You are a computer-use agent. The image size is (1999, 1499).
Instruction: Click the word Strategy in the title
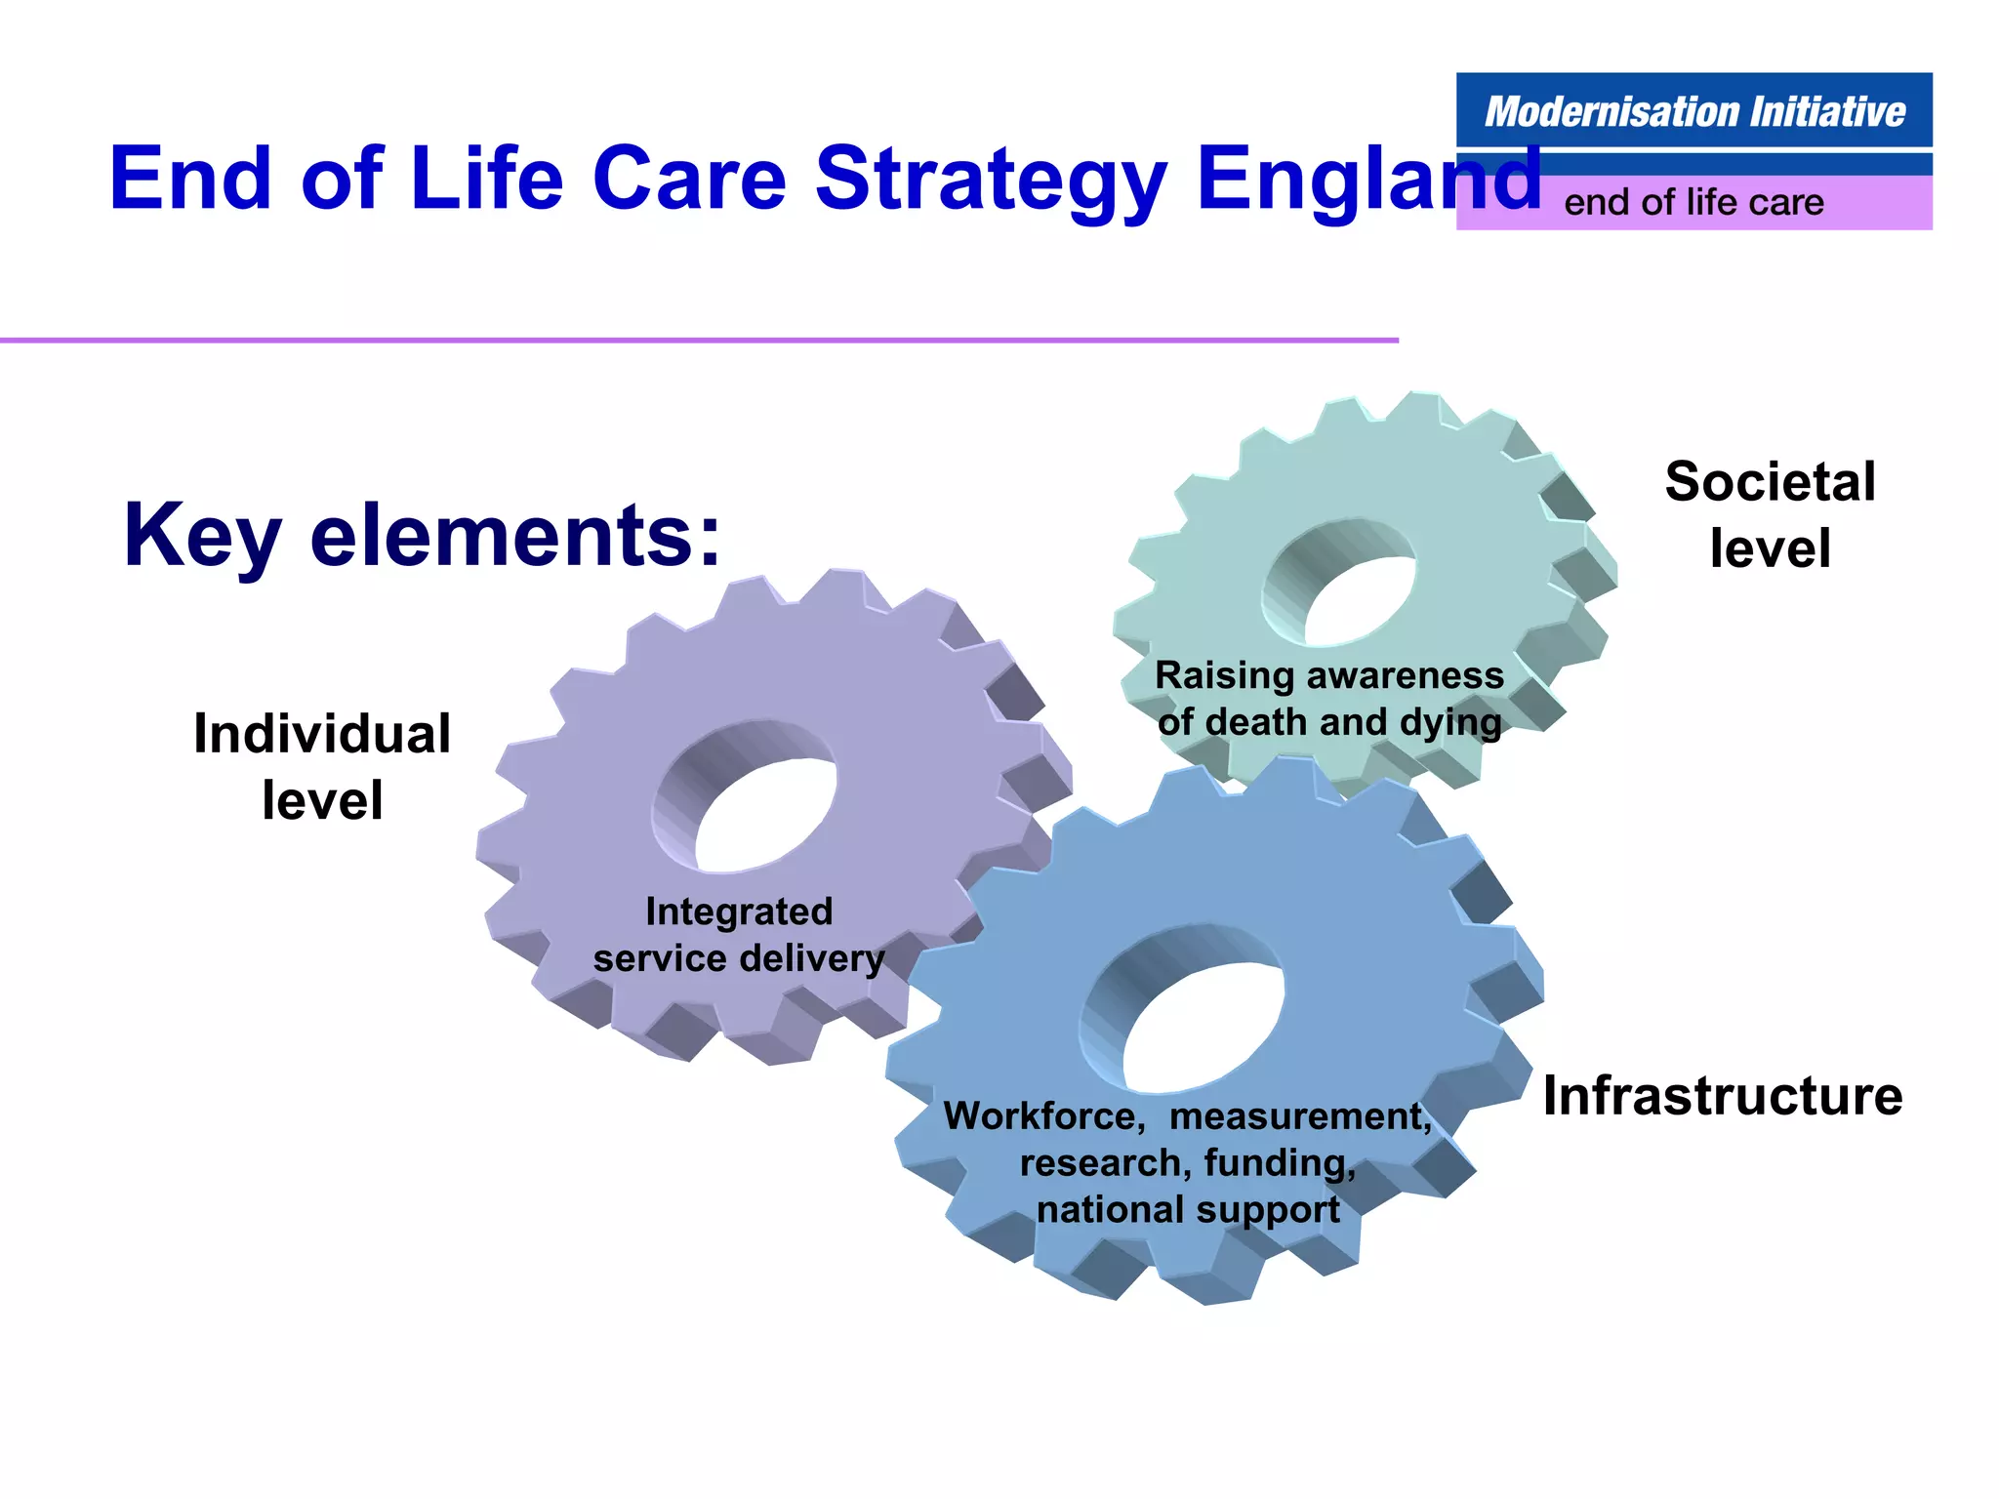(x=990, y=179)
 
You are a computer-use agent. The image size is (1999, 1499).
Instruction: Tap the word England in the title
(x=1367, y=179)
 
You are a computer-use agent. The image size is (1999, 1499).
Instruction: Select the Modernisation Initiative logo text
(x=1693, y=111)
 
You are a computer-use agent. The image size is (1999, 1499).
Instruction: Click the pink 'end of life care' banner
(x=1693, y=203)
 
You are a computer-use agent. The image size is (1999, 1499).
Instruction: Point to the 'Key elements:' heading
(x=422, y=536)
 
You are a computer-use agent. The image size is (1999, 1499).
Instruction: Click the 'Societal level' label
(x=1770, y=514)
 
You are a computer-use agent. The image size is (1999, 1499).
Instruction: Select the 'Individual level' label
(x=322, y=767)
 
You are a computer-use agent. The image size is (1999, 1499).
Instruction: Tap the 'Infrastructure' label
(x=1722, y=1096)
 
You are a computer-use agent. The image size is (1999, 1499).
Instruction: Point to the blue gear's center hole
(x=1203, y=1025)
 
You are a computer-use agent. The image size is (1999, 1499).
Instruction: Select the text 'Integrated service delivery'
(x=739, y=935)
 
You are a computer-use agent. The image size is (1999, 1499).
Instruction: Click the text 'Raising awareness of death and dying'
(x=1328, y=699)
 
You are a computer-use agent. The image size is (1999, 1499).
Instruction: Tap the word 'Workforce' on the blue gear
(x=1043, y=1116)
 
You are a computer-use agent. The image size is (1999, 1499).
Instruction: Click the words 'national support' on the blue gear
(x=1188, y=1210)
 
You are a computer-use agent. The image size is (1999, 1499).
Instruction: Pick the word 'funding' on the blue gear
(x=1279, y=1163)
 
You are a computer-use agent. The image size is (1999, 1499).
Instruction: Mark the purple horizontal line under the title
(x=698, y=340)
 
